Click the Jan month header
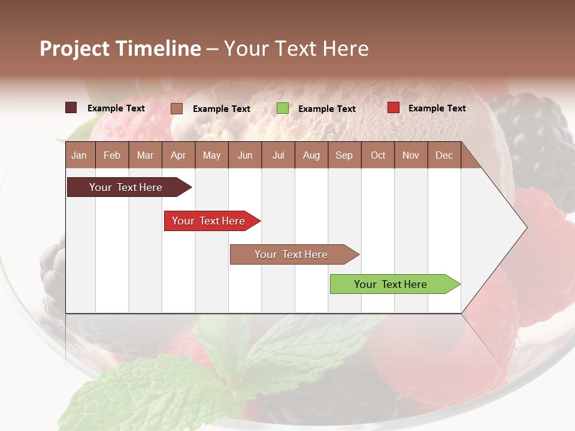coord(79,155)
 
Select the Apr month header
coord(178,155)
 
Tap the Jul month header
coord(278,155)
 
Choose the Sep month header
coord(344,155)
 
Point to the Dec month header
coord(444,155)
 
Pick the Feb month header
coord(112,155)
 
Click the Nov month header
coord(411,155)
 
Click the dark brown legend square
coord(71,108)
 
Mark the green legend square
coord(283,108)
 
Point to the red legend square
coord(393,108)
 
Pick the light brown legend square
coord(177,108)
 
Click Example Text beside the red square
coord(437,108)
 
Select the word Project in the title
coord(75,48)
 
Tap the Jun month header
coord(245,155)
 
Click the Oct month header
coord(378,155)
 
